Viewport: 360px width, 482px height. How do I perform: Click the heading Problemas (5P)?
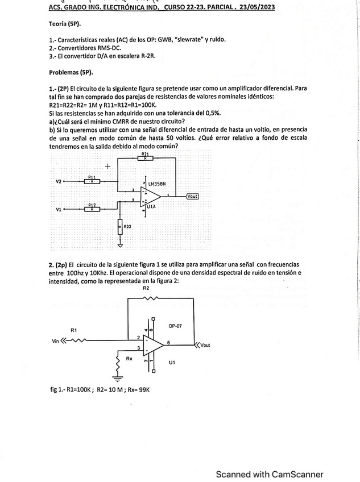[71, 73]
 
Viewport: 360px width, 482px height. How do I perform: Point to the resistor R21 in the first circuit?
[146, 159]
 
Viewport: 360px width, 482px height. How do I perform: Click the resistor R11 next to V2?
[92, 181]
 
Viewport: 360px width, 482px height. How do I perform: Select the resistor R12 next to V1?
[92, 209]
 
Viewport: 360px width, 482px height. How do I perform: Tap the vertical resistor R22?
[120, 226]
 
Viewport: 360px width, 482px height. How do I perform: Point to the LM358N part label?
[156, 184]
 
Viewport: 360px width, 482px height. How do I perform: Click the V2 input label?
[59, 181]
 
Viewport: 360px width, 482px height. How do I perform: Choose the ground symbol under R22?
[120, 246]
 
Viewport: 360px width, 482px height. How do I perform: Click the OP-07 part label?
[176, 326]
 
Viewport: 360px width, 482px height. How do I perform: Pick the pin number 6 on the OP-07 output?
[168, 342]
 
